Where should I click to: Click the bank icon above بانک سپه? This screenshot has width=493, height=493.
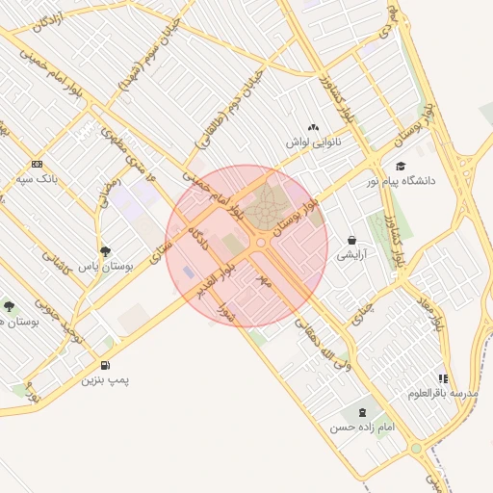38,163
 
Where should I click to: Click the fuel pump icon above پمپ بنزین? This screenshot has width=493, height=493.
104,365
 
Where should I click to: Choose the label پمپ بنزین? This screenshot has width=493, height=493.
104,380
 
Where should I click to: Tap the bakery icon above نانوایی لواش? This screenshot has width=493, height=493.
313,127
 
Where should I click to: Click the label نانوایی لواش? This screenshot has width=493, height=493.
313,143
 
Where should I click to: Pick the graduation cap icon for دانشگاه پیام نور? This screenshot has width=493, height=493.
400,166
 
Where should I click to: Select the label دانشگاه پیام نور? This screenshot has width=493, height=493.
401,180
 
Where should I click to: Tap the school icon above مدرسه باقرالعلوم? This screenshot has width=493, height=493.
444,378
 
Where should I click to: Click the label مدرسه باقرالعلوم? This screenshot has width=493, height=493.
443,393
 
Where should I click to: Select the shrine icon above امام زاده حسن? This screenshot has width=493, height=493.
362,412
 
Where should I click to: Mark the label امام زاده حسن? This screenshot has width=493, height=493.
362,427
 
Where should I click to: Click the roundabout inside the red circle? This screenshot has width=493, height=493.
260,243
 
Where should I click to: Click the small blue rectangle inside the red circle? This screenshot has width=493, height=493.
188,272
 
